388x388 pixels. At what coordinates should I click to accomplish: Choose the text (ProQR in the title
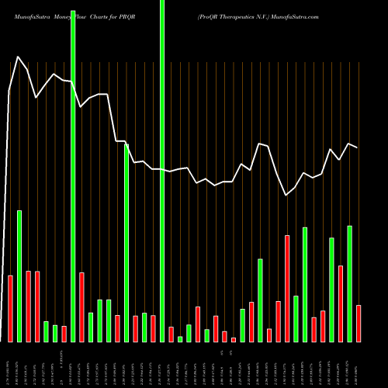click(x=209, y=16)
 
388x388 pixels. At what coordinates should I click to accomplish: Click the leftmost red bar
click(x=10, y=308)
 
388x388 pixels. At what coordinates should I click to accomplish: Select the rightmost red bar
click(x=359, y=323)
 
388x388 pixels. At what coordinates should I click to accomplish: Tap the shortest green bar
click(x=180, y=338)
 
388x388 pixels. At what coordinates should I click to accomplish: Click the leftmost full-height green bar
click(x=73, y=171)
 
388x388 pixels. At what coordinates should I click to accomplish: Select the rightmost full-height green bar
click(x=162, y=171)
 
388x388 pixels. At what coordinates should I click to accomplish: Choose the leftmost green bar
click(x=19, y=275)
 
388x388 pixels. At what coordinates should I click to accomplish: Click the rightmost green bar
click(x=349, y=283)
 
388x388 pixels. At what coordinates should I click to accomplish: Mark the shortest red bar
click(x=234, y=339)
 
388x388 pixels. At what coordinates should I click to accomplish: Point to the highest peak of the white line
click(x=19, y=58)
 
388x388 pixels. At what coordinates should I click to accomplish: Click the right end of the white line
click(x=358, y=147)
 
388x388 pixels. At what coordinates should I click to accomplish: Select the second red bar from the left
click(x=28, y=306)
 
